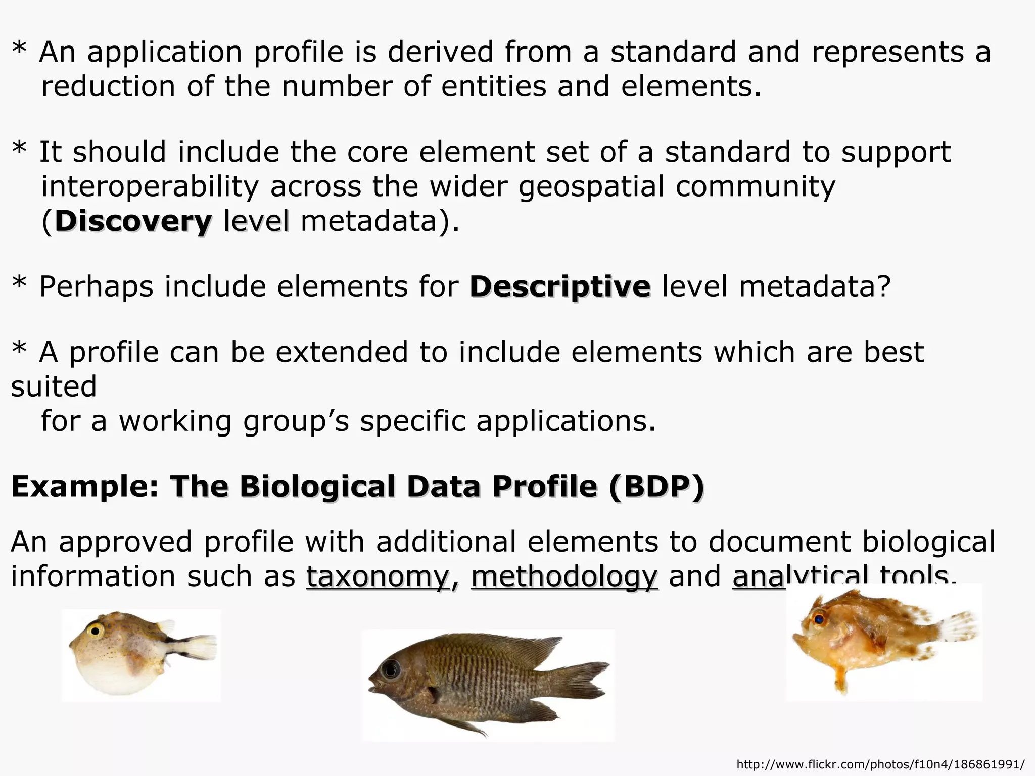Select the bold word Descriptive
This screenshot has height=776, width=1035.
[560, 287]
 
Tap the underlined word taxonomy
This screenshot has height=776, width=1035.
[378, 576]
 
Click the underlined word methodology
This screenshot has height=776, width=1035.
[564, 576]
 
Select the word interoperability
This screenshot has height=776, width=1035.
[150, 187]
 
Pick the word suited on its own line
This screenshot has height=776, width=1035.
[54, 387]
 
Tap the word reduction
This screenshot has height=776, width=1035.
[108, 87]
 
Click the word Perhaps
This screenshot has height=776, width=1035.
[96, 287]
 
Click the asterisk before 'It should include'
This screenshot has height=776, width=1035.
[19, 150]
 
